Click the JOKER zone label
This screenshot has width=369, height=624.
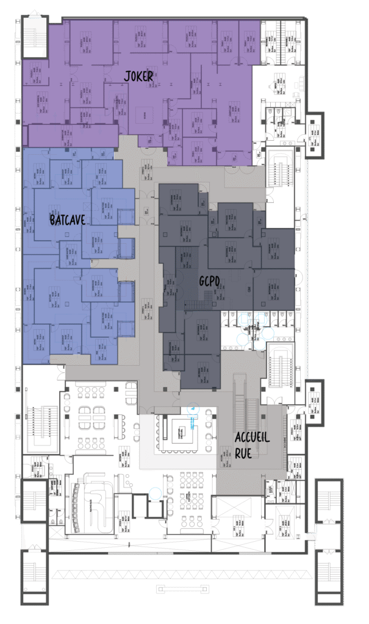point(138,76)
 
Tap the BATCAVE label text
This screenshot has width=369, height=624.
point(67,219)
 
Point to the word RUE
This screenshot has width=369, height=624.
point(243,453)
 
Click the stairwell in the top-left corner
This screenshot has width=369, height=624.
point(35,38)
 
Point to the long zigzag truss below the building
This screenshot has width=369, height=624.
point(183,574)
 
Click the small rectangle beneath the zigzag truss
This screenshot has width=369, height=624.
point(182,589)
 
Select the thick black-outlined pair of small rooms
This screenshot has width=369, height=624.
point(148,506)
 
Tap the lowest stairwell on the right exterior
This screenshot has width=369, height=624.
point(328,573)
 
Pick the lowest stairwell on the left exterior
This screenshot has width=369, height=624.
point(35,573)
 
